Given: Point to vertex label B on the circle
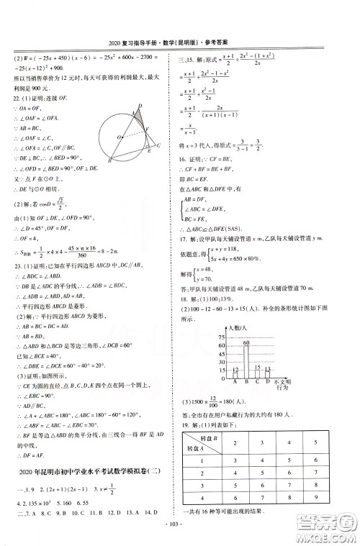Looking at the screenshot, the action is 109,162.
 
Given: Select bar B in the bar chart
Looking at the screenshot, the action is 246,352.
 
